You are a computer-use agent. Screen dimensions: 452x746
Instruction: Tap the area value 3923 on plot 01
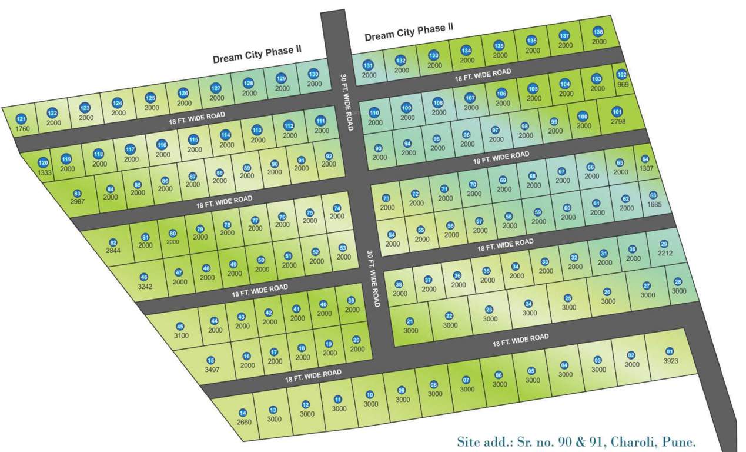pos(671,360)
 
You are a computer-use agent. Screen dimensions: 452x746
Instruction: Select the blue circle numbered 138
pos(598,32)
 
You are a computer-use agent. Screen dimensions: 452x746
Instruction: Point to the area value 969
pos(622,84)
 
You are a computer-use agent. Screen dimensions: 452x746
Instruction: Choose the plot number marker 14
pos(243,413)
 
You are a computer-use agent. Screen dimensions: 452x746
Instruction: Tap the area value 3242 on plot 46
pos(144,287)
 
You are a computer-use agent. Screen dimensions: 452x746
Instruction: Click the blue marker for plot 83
pos(76,193)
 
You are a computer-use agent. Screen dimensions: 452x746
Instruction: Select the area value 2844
pos(112,251)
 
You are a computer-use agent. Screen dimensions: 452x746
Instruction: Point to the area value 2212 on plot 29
pos(664,254)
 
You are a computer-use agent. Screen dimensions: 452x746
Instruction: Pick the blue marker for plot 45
pos(180,327)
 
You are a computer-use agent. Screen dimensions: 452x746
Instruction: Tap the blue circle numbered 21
pos(410,321)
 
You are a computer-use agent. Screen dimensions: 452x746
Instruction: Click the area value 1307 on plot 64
pos(645,168)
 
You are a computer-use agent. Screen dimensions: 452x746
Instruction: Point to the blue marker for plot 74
pos(337,208)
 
